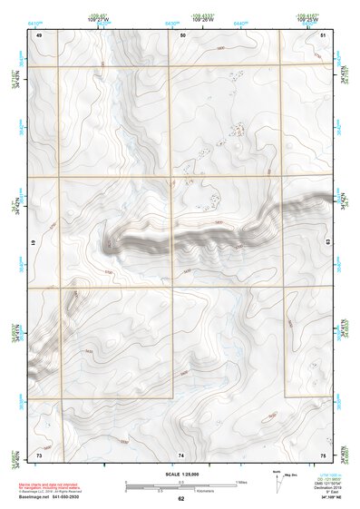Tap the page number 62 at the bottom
(x=180, y=500)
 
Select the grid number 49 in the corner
(x=39, y=34)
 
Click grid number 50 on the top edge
(x=183, y=34)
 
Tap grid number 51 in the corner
(x=323, y=34)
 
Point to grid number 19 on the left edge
(x=34, y=243)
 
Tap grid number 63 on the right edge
(x=327, y=242)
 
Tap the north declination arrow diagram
(x=279, y=477)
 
